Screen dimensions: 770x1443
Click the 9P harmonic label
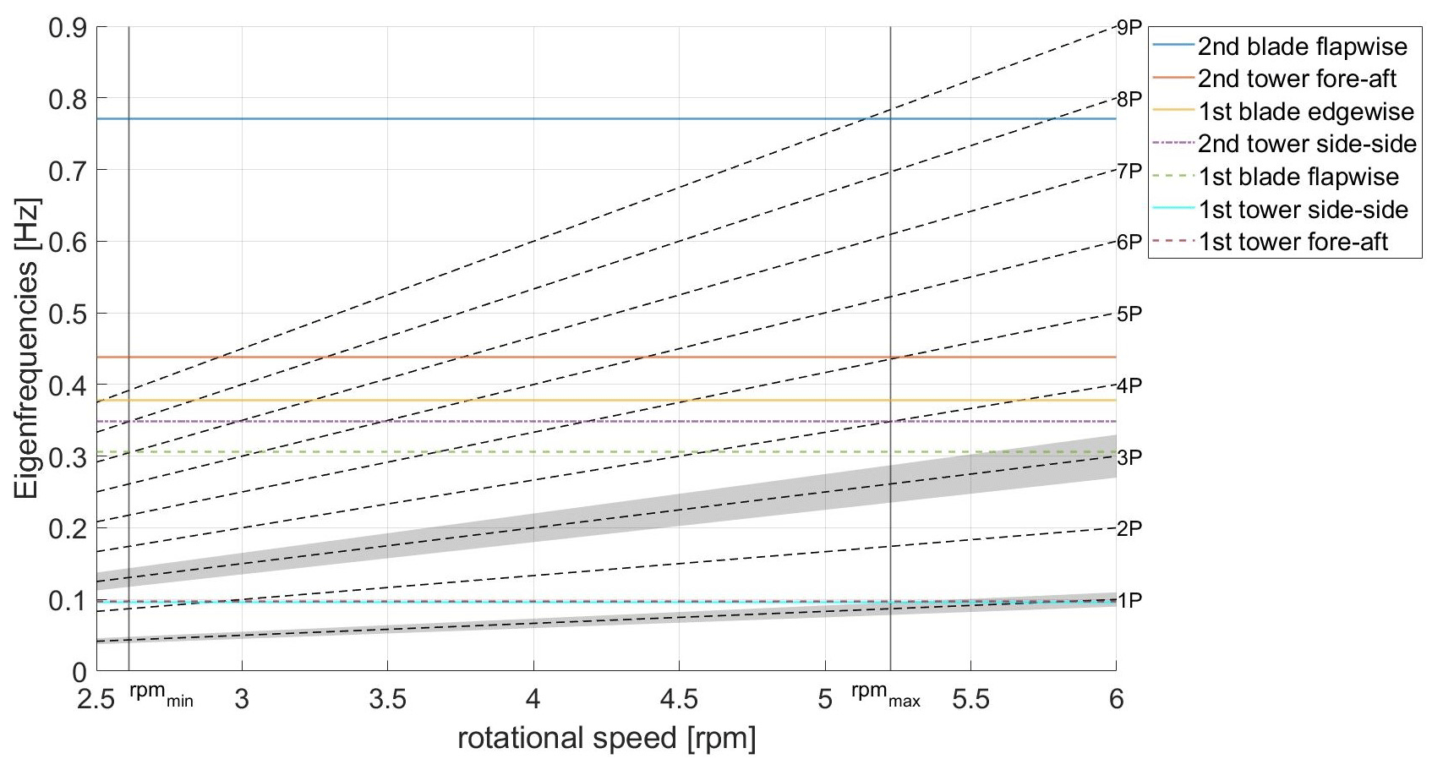tap(1129, 29)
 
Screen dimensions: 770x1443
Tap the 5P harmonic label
tap(1129, 314)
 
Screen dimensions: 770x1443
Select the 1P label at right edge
tap(1129, 601)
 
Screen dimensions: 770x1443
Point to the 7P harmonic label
tap(1129, 172)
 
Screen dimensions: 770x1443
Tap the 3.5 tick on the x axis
tap(388, 700)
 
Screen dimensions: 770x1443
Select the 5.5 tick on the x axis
tap(970, 700)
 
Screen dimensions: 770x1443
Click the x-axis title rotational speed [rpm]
tap(606, 739)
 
